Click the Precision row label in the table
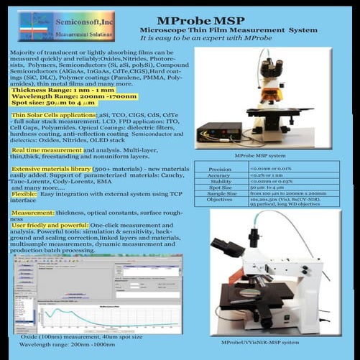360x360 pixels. click(x=220, y=169)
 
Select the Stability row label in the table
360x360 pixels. click(x=220, y=182)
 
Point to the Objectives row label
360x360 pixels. click(x=220, y=200)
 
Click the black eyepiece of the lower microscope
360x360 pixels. click(x=254, y=236)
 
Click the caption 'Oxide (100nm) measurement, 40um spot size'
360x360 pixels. click(x=81, y=336)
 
